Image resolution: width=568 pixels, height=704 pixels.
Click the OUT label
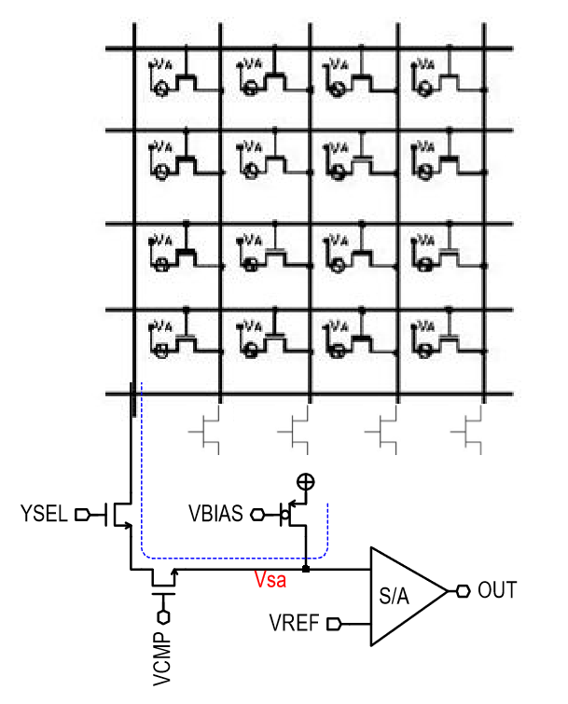pos(497,589)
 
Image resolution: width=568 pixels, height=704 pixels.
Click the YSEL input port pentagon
pos(82,514)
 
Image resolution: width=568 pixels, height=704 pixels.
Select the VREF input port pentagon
pos(334,623)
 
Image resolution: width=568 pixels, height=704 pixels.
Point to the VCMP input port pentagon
pos(163,616)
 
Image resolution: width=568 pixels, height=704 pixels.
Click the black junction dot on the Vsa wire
pos(306,567)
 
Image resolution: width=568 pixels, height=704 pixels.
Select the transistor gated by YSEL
pos(119,514)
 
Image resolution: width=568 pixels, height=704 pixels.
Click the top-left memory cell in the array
pos(177,78)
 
